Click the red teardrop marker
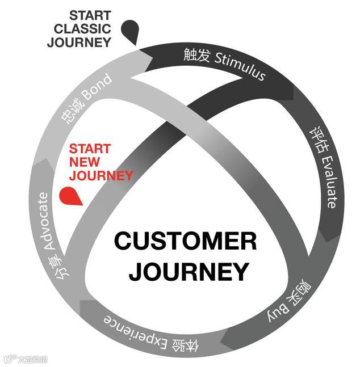click(x=69, y=196)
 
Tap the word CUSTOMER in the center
click(x=185, y=242)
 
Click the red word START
click(x=89, y=149)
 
